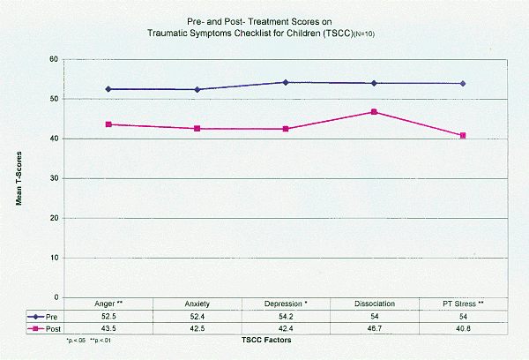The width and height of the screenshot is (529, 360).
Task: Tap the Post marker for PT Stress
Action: click(x=463, y=136)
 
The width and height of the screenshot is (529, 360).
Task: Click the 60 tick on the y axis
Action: click(x=54, y=59)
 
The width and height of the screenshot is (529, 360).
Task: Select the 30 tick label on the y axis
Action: click(x=54, y=178)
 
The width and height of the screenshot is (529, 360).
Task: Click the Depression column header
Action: click(x=285, y=304)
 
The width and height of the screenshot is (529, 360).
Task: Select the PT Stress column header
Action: click(x=462, y=304)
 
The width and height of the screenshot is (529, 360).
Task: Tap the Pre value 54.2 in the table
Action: click(x=285, y=315)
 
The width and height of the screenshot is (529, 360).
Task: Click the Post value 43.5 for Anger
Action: click(x=108, y=327)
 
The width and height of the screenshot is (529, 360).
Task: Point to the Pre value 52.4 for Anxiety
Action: click(x=197, y=315)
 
